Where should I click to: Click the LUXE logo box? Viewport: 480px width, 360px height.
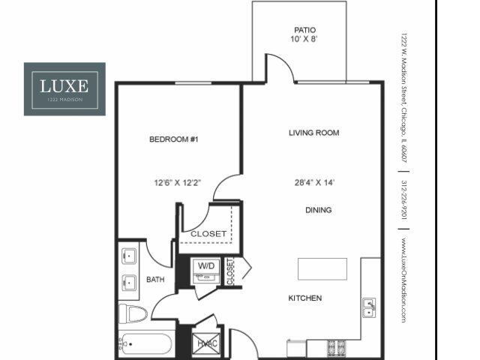click(x=64, y=88)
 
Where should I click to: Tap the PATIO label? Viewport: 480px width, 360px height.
click(x=299, y=31)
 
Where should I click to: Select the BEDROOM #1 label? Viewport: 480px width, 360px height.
click(x=172, y=140)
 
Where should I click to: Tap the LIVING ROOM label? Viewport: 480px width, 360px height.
click(x=314, y=133)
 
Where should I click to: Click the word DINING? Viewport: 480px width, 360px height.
click(x=318, y=211)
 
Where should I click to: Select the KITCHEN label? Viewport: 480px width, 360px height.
click(x=305, y=298)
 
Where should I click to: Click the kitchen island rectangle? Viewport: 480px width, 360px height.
click(x=322, y=268)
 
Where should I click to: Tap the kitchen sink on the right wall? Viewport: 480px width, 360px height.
click(x=368, y=306)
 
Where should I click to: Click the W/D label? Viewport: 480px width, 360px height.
click(x=205, y=265)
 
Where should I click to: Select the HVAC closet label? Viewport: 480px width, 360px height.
click(x=205, y=344)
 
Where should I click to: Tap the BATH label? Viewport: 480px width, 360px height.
click(x=154, y=280)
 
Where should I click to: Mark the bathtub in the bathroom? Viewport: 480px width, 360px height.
click(x=145, y=346)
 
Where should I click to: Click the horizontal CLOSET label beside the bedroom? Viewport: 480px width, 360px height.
click(x=208, y=234)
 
